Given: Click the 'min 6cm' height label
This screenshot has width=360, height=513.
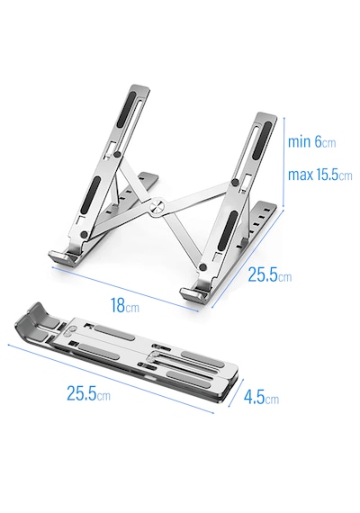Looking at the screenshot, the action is [311, 142].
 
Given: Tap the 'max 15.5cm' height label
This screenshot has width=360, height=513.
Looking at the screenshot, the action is [319, 175].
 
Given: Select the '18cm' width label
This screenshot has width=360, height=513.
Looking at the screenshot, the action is [125, 306].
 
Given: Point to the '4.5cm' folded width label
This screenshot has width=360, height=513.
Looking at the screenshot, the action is [261, 397].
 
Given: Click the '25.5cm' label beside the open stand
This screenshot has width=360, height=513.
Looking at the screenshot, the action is [269, 274].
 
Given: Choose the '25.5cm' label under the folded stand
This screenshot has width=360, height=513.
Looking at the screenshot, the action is [88, 393].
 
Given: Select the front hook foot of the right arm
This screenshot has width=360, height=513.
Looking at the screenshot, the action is [193, 293].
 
